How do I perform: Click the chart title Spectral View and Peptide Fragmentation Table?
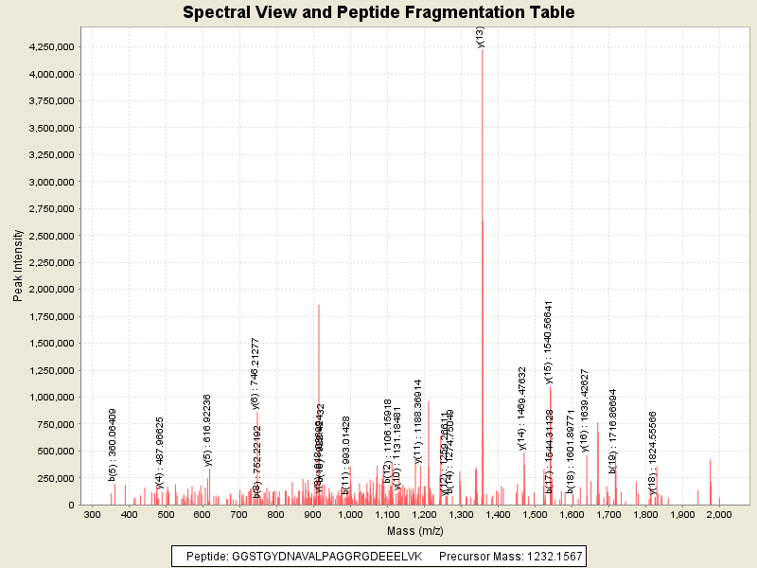378,13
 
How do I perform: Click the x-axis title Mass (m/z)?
407,532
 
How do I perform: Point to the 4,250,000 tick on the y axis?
53,46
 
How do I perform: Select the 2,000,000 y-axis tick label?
53,290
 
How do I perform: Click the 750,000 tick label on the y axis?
59,424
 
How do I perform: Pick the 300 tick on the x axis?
93,515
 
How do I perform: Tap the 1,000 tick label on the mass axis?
351,515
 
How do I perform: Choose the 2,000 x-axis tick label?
719,515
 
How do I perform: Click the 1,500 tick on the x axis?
536,515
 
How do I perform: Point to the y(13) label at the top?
481,37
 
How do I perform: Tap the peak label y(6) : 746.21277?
255,373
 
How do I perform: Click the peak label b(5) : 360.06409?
113,444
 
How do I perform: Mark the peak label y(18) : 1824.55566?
653,453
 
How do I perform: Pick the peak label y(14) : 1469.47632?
522,407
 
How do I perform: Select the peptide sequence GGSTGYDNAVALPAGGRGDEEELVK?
326,556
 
